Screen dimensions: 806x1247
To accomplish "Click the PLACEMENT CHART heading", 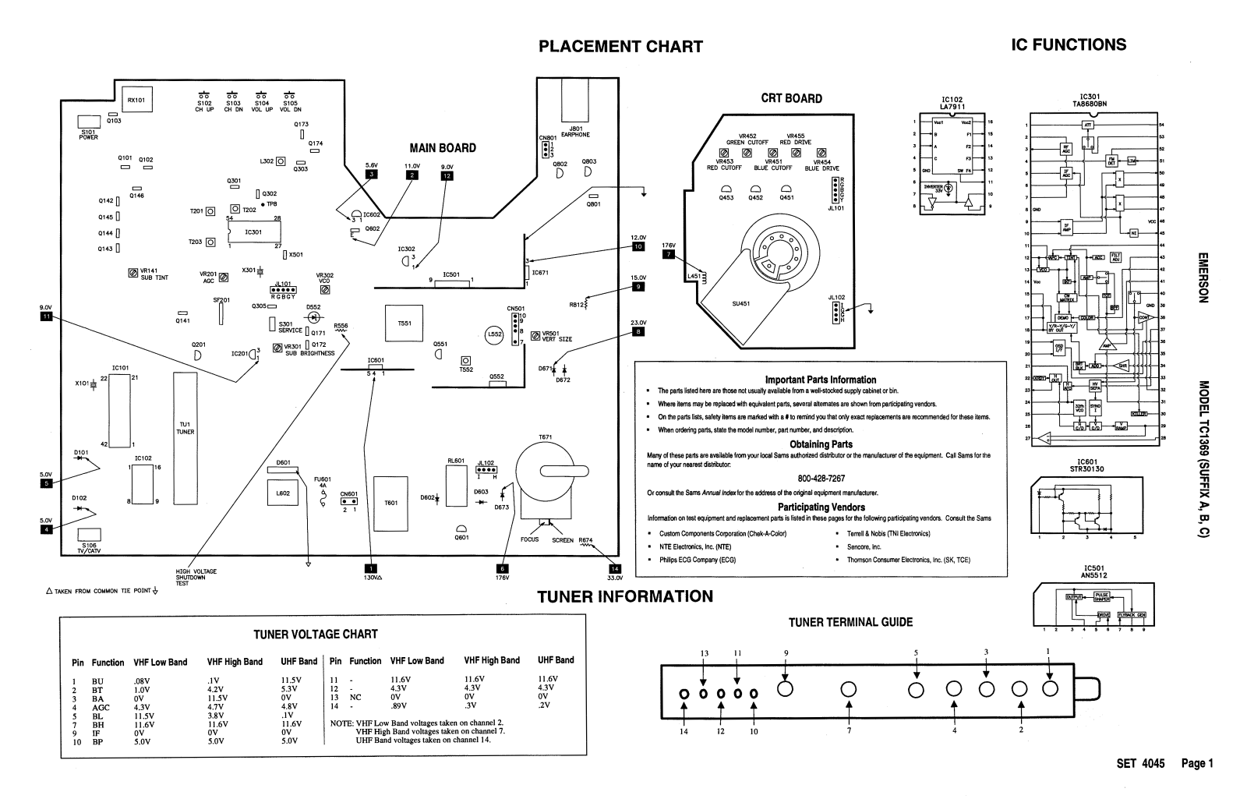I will point(620,47).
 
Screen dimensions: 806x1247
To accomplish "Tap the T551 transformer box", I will point(404,323).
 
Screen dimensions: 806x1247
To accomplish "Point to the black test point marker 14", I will point(615,568).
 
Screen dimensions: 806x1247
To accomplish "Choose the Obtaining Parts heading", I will point(821,444).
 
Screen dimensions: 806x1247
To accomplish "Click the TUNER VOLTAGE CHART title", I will point(316,635).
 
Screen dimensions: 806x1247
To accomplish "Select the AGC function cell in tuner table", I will point(101,708).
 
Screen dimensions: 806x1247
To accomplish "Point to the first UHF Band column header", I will point(299,662).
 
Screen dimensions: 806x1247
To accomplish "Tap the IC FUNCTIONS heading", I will point(1068,45).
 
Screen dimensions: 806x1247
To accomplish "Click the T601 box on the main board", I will point(391,503).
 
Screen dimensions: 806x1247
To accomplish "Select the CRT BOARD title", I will point(791,99).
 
